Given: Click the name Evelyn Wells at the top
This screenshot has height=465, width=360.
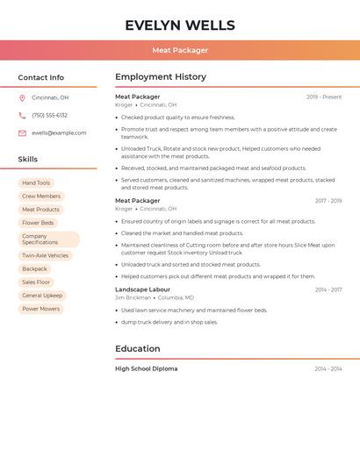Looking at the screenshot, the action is pyautogui.click(x=180, y=25).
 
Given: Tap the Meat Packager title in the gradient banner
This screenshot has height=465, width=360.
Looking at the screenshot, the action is pyautogui.click(x=180, y=50).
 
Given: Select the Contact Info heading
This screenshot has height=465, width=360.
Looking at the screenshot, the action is pyautogui.click(x=40, y=77).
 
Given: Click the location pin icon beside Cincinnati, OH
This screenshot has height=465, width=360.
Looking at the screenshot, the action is pyautogui.click(x=22, y=98).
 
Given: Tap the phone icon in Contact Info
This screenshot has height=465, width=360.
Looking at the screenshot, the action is pyautogui.click(x=22, y=116).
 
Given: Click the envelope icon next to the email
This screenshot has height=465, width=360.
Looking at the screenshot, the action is pyautogui.click(x=22, y=133).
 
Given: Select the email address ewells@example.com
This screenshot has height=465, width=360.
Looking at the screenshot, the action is pyautogui.click(x=59, y=133).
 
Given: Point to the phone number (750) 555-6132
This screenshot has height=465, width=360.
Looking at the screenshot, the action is pyautogui.click(x=49, y=116).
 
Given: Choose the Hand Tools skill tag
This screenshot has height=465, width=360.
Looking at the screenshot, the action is pyautogui.click(x=36, y=183).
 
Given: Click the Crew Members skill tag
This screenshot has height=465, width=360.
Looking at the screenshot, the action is pyautogui.click(x=41, y=197).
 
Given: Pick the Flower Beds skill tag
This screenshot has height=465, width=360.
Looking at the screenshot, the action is pyautogui.click(x=38, y=223).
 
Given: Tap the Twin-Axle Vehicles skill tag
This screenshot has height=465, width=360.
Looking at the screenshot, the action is pyautogui.click(x=45, y=256).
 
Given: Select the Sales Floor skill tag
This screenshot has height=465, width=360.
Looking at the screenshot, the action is pyautogui.click(x=36, y=283).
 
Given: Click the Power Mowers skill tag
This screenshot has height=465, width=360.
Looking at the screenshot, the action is pyautogui.click(x=40, y=309).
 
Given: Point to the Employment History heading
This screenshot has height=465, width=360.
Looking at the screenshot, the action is pyautogui.click(x=161, y=77).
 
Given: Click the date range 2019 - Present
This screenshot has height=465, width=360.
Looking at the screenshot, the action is pyautogui.click(x=324, y=97).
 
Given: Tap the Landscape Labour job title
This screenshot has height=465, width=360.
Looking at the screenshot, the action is pyautogui.click(x=142, y=290).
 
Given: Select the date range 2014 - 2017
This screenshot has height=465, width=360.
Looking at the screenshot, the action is pyautogui.click(x=328, y=290).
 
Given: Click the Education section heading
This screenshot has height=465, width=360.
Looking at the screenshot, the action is pyautogui.click(x=138, y=349).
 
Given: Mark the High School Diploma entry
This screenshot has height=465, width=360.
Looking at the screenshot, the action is pyautogui.click(x=146, y=369).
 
